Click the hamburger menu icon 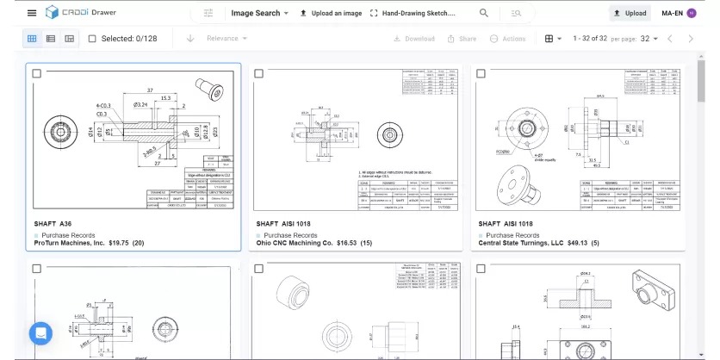(x=32, y=13)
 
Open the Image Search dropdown (x=260, y=13)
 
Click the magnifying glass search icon (x=484, y=13)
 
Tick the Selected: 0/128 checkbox (x=92, y=39)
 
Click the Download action (x=414, y=39)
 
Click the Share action (x=462, y=39)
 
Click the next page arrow (x=691, y=39)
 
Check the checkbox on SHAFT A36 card (x=37, y=74)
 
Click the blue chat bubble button (x=40, y=332)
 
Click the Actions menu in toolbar (x=508, y=39)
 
